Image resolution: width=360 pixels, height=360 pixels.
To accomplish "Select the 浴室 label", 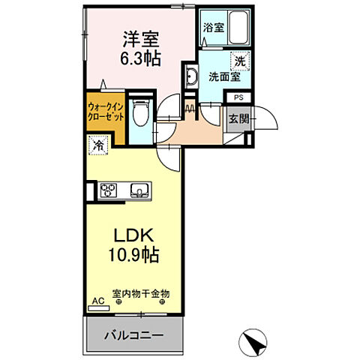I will click(213, 28).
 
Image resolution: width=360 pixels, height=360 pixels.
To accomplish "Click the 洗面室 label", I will click(223, 76).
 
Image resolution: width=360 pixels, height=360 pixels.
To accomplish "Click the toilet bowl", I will click(139, 114).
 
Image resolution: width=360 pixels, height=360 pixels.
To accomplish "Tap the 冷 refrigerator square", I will click(99, 145).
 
